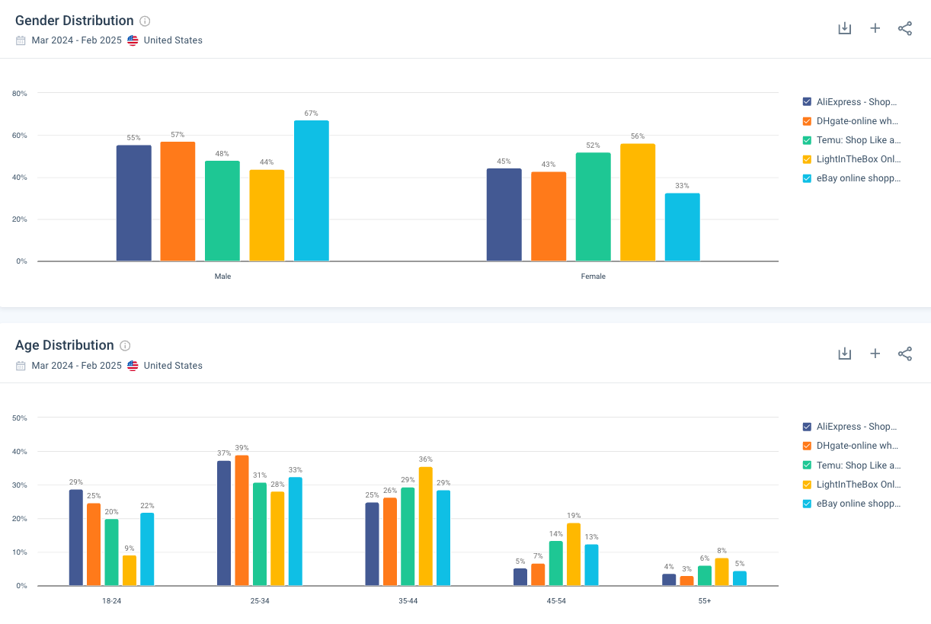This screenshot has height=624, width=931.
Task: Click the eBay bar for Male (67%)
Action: click(x=311, y=190)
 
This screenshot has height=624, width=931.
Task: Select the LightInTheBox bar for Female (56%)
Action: click(x=637, y=202)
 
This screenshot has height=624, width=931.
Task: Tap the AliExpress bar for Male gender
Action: click(x=133, y=203)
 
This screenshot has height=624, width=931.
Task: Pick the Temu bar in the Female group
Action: click(x=593, y=206)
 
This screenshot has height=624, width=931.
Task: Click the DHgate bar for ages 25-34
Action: click(x=242, y=520)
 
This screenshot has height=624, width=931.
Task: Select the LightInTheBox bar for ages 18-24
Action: click(x=130, y=570)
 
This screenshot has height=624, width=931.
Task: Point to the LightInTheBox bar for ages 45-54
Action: click(x=574, y=554)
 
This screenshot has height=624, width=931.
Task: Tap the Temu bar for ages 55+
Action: click(x=704, y=575)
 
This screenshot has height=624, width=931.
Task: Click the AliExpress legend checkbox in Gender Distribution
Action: click(x=807, y=102)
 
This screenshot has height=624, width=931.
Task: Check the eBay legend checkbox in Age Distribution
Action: click(x=807, y=504)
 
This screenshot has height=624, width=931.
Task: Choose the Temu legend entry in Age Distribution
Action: click(x=858, y=465)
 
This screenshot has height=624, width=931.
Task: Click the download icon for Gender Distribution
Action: click(x=844, y=28)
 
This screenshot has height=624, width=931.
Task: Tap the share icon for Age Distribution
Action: click(x=905, y=354)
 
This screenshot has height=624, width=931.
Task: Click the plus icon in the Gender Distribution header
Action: click(x=875, y=28)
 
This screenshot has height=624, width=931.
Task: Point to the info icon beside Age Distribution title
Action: click(x=125, y=346)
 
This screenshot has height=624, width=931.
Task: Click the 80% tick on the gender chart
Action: click(x=20, y=94)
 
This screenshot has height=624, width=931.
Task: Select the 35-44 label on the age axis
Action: click(x=408, y=601)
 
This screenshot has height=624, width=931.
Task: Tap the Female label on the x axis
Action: click(x=593, y=277)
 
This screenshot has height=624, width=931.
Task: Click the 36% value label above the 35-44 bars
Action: click(x=425, y=459)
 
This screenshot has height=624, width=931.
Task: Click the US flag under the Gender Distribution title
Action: click(x=133, y=40)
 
